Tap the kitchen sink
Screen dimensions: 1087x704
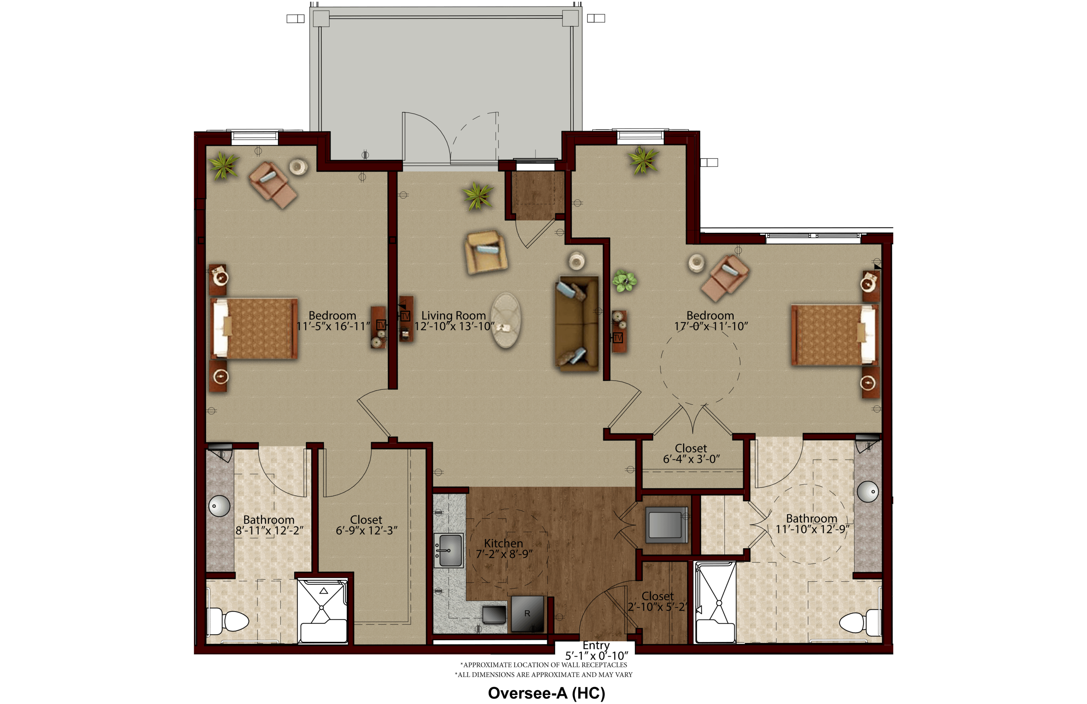click(x=449, y=551)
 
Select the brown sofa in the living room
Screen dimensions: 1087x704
click(x=577, y=323)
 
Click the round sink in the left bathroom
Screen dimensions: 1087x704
click(x=219, y=506)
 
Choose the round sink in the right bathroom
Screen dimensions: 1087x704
click(x=868, y=492)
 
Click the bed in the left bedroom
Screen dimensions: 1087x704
click(x=254, y=328)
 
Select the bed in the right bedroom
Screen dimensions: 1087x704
click(x=835, y=335)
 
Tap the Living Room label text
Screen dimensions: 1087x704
click(x=454, y=316)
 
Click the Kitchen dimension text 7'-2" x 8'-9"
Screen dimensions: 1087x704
click(x=504, y=554)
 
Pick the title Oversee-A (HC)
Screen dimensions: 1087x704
click(x=547, y=693)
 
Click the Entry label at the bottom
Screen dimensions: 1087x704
click(x=596, y=645)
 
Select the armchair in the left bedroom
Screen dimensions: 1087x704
click(x=273, y=185)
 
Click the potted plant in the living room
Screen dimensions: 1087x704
click(x=478, y=195)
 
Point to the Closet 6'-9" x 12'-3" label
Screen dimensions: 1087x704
click(x=366, y=525)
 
